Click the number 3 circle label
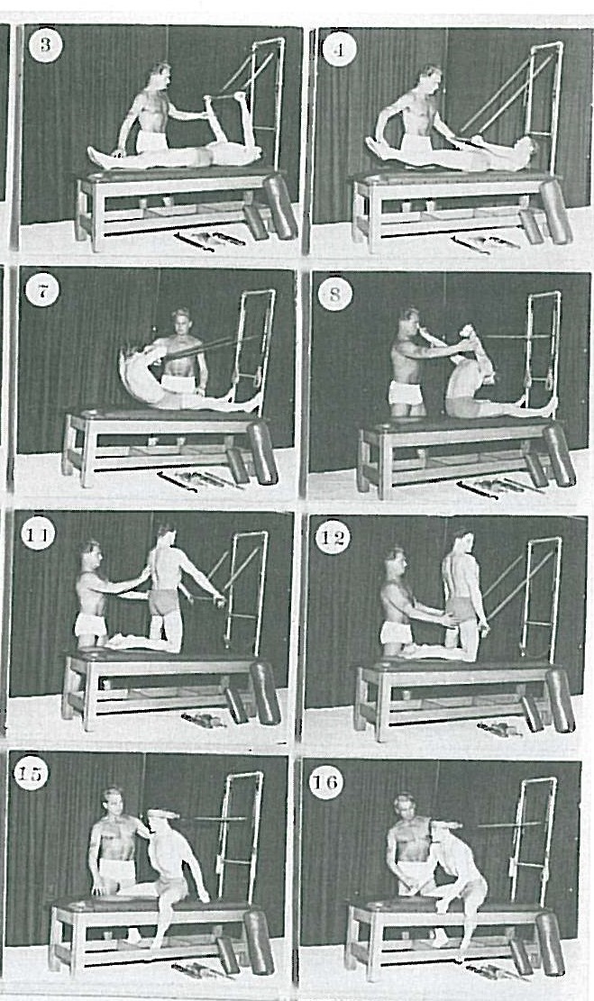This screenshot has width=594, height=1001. (45, 45)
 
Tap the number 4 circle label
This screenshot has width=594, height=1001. (339, 50)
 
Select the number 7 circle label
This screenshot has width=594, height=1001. (42, 292)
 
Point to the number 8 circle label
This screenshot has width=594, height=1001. (334, 294)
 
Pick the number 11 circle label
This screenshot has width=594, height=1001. (38, 534)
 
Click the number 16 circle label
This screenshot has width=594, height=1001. (326, 781)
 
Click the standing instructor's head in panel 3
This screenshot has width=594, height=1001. (160, 76)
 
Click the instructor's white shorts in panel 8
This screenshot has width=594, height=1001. (406, 392)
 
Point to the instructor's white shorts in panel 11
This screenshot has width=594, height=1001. (90, 623)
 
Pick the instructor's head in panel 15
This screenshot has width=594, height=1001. (113, 802)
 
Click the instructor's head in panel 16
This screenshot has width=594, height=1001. (406, 806)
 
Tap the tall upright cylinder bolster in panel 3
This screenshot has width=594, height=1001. (281, 207)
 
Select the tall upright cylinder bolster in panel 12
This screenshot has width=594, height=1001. (560, 700)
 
